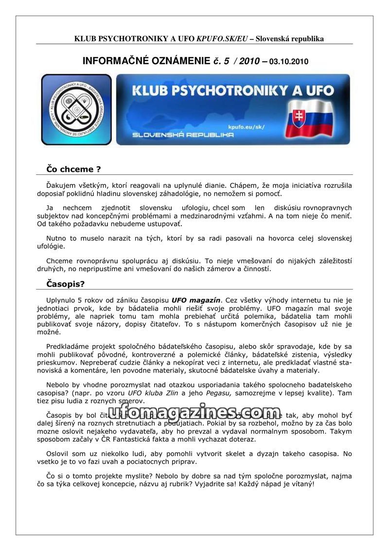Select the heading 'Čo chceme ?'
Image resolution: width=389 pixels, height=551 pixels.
[x=73, y=169]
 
